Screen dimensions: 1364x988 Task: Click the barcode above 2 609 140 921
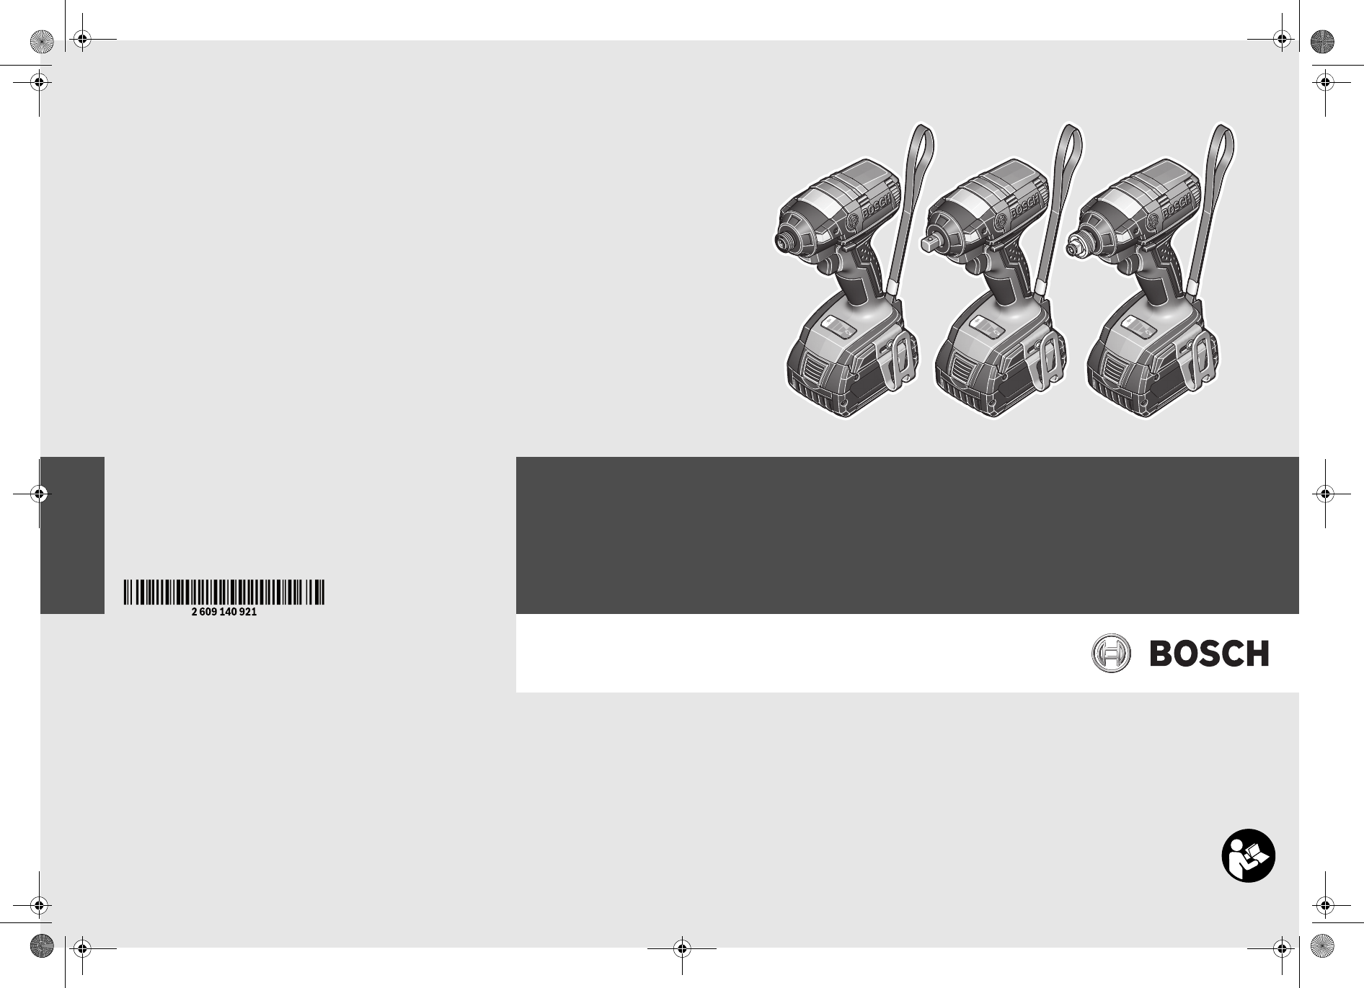(223, 592)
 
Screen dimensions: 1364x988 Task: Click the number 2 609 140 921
(223, 612)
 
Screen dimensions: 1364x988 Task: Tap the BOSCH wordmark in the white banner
(1209, 654)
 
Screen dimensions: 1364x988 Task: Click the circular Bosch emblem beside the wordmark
(1111, 654)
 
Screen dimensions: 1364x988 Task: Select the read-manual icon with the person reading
(1248, 857)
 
